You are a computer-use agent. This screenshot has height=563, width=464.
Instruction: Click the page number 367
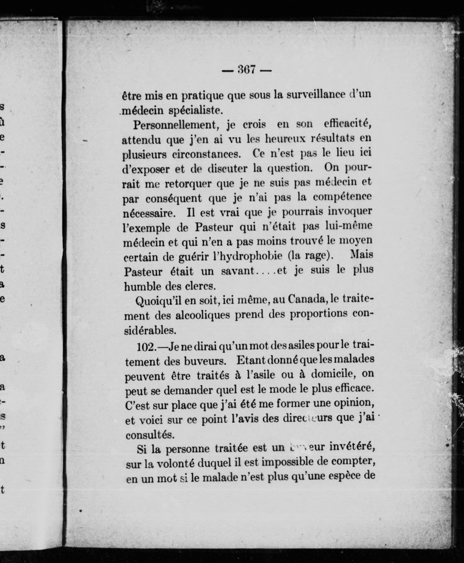[246, 70]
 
